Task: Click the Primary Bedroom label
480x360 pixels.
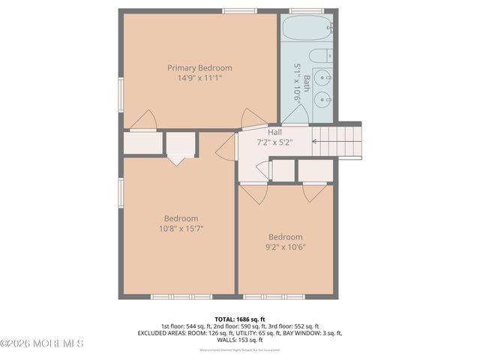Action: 199,67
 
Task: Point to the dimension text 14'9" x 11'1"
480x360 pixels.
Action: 199,77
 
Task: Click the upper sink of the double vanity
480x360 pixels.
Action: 324,77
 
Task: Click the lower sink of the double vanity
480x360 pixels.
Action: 324,99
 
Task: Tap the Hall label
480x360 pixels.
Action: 274,131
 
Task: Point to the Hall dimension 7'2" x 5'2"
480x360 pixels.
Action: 274,141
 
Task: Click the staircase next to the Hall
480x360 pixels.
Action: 336,139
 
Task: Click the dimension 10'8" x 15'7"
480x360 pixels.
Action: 181,228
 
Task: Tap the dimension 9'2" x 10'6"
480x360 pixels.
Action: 286,246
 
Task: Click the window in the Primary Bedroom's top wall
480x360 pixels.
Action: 238,11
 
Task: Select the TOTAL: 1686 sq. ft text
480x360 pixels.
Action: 240,318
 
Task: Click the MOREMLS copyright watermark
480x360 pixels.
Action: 42,343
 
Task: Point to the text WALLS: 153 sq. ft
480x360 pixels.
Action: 240,340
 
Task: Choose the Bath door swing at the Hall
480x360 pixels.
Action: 295,117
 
